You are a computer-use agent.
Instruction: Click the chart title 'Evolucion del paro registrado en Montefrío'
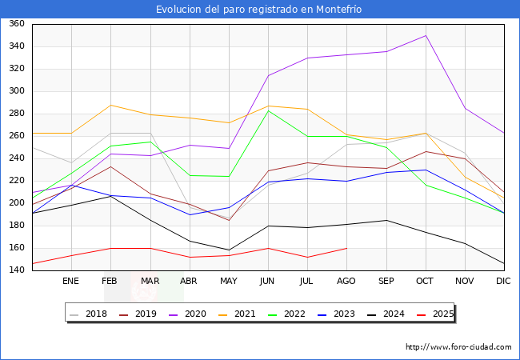[259, 9]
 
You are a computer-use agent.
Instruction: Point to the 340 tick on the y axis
[15, 46]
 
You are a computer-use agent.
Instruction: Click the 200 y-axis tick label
[15, 203]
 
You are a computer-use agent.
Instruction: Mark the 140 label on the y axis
[15, 270]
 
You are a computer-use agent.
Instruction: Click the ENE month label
[70, 282]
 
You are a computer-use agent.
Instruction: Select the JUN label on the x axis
[268, 282]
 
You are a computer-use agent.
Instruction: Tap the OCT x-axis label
[425, 282]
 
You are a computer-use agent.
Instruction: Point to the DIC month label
[503, 282]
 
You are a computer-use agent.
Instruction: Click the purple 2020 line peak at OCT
[426, 35]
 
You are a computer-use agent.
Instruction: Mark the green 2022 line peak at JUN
[268, 110]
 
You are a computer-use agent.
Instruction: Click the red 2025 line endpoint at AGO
[346, 248]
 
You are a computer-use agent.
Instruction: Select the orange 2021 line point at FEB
[110, 105]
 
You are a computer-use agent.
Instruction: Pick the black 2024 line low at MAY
[229, 250]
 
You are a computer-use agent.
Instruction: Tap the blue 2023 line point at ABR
[190, 214]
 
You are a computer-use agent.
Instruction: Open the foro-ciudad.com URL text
[458, 347]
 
